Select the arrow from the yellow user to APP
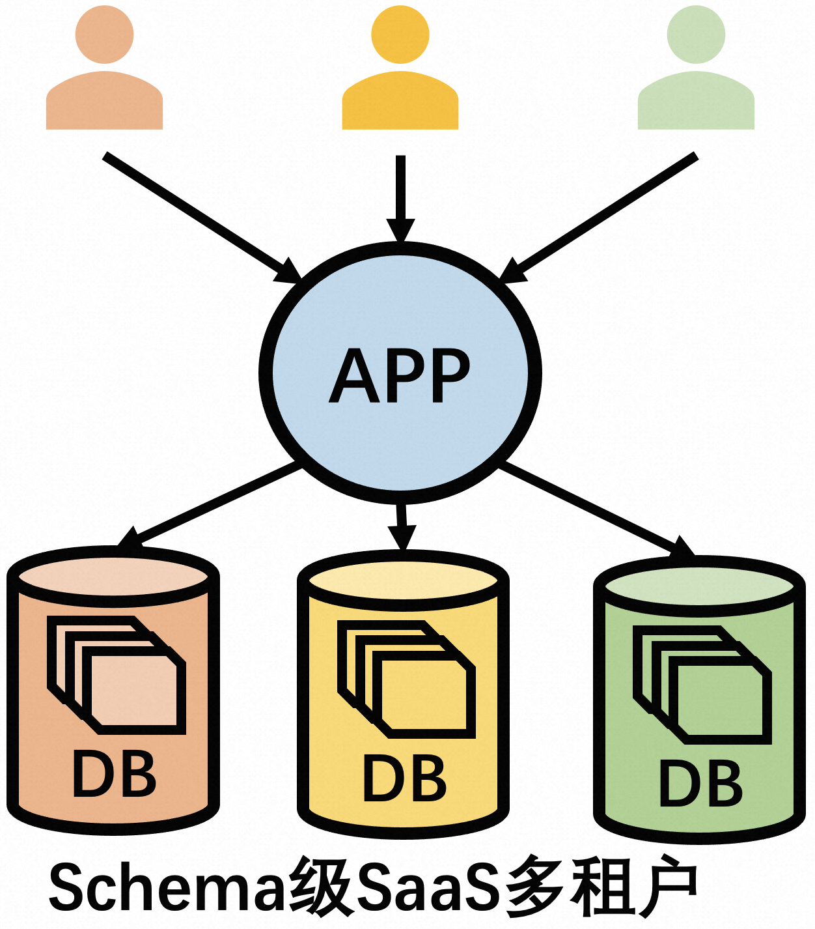[x=400, y=195]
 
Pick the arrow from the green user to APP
[x=602, y=216]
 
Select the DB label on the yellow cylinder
[x=404, y=779]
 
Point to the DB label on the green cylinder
[x=700, y=784]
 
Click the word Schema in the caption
[x=166, y=887]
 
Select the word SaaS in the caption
[x=431, y=887]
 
